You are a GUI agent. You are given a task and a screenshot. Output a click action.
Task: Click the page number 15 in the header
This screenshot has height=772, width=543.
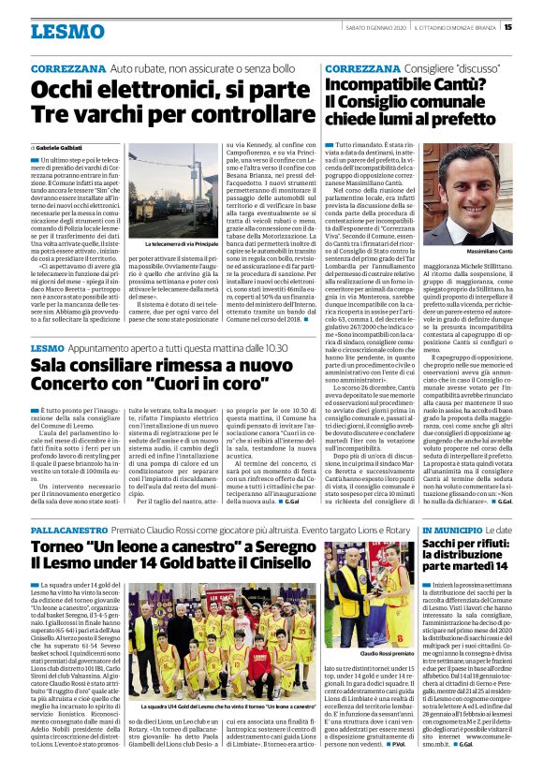(x=534, y=26)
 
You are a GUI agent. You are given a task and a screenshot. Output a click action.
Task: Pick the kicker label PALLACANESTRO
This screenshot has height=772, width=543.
(x=68, y=530)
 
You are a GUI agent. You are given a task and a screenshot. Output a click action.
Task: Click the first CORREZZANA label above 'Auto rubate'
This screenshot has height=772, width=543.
(x=66, y=70)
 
